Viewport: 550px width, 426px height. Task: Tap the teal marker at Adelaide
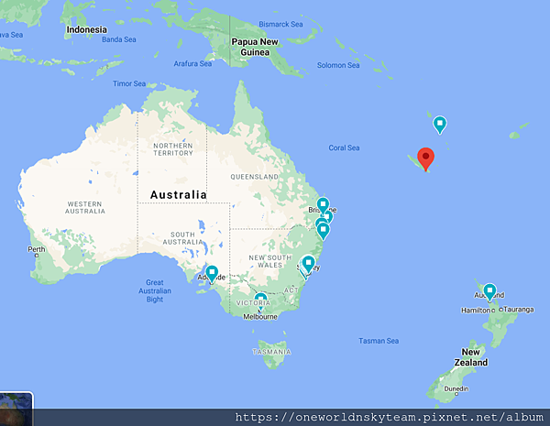pyautogui.click(x=212, y=272)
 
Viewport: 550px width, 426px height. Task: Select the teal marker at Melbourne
pyautogui.click(x=261, y=300)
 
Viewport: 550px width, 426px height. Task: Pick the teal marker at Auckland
pyautogui.click(x=489, y=291)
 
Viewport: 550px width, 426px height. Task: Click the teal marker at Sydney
pyautogui.click(x=309, y=264)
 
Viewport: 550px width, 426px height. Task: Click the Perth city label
pyautogui.click(x=37, y=250)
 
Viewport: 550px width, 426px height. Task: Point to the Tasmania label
pyautogui.click(x=272, y=352)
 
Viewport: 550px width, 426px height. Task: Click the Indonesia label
pyautogui.click(x=88, y=30)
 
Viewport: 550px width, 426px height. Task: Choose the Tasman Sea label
pyautogui.click(x=379, y=342)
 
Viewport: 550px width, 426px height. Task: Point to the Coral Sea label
pyautogui.click(x=344, y=147)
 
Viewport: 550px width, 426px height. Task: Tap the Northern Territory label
pyautogui.click(x=173, y=150)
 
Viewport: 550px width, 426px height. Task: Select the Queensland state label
pyautogui.click(x=254, y=176)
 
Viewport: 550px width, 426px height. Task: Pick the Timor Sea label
pyautogui.click(x=129, y=83)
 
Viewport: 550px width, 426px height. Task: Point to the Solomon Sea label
pyautogui.click(x=338, y=65)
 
